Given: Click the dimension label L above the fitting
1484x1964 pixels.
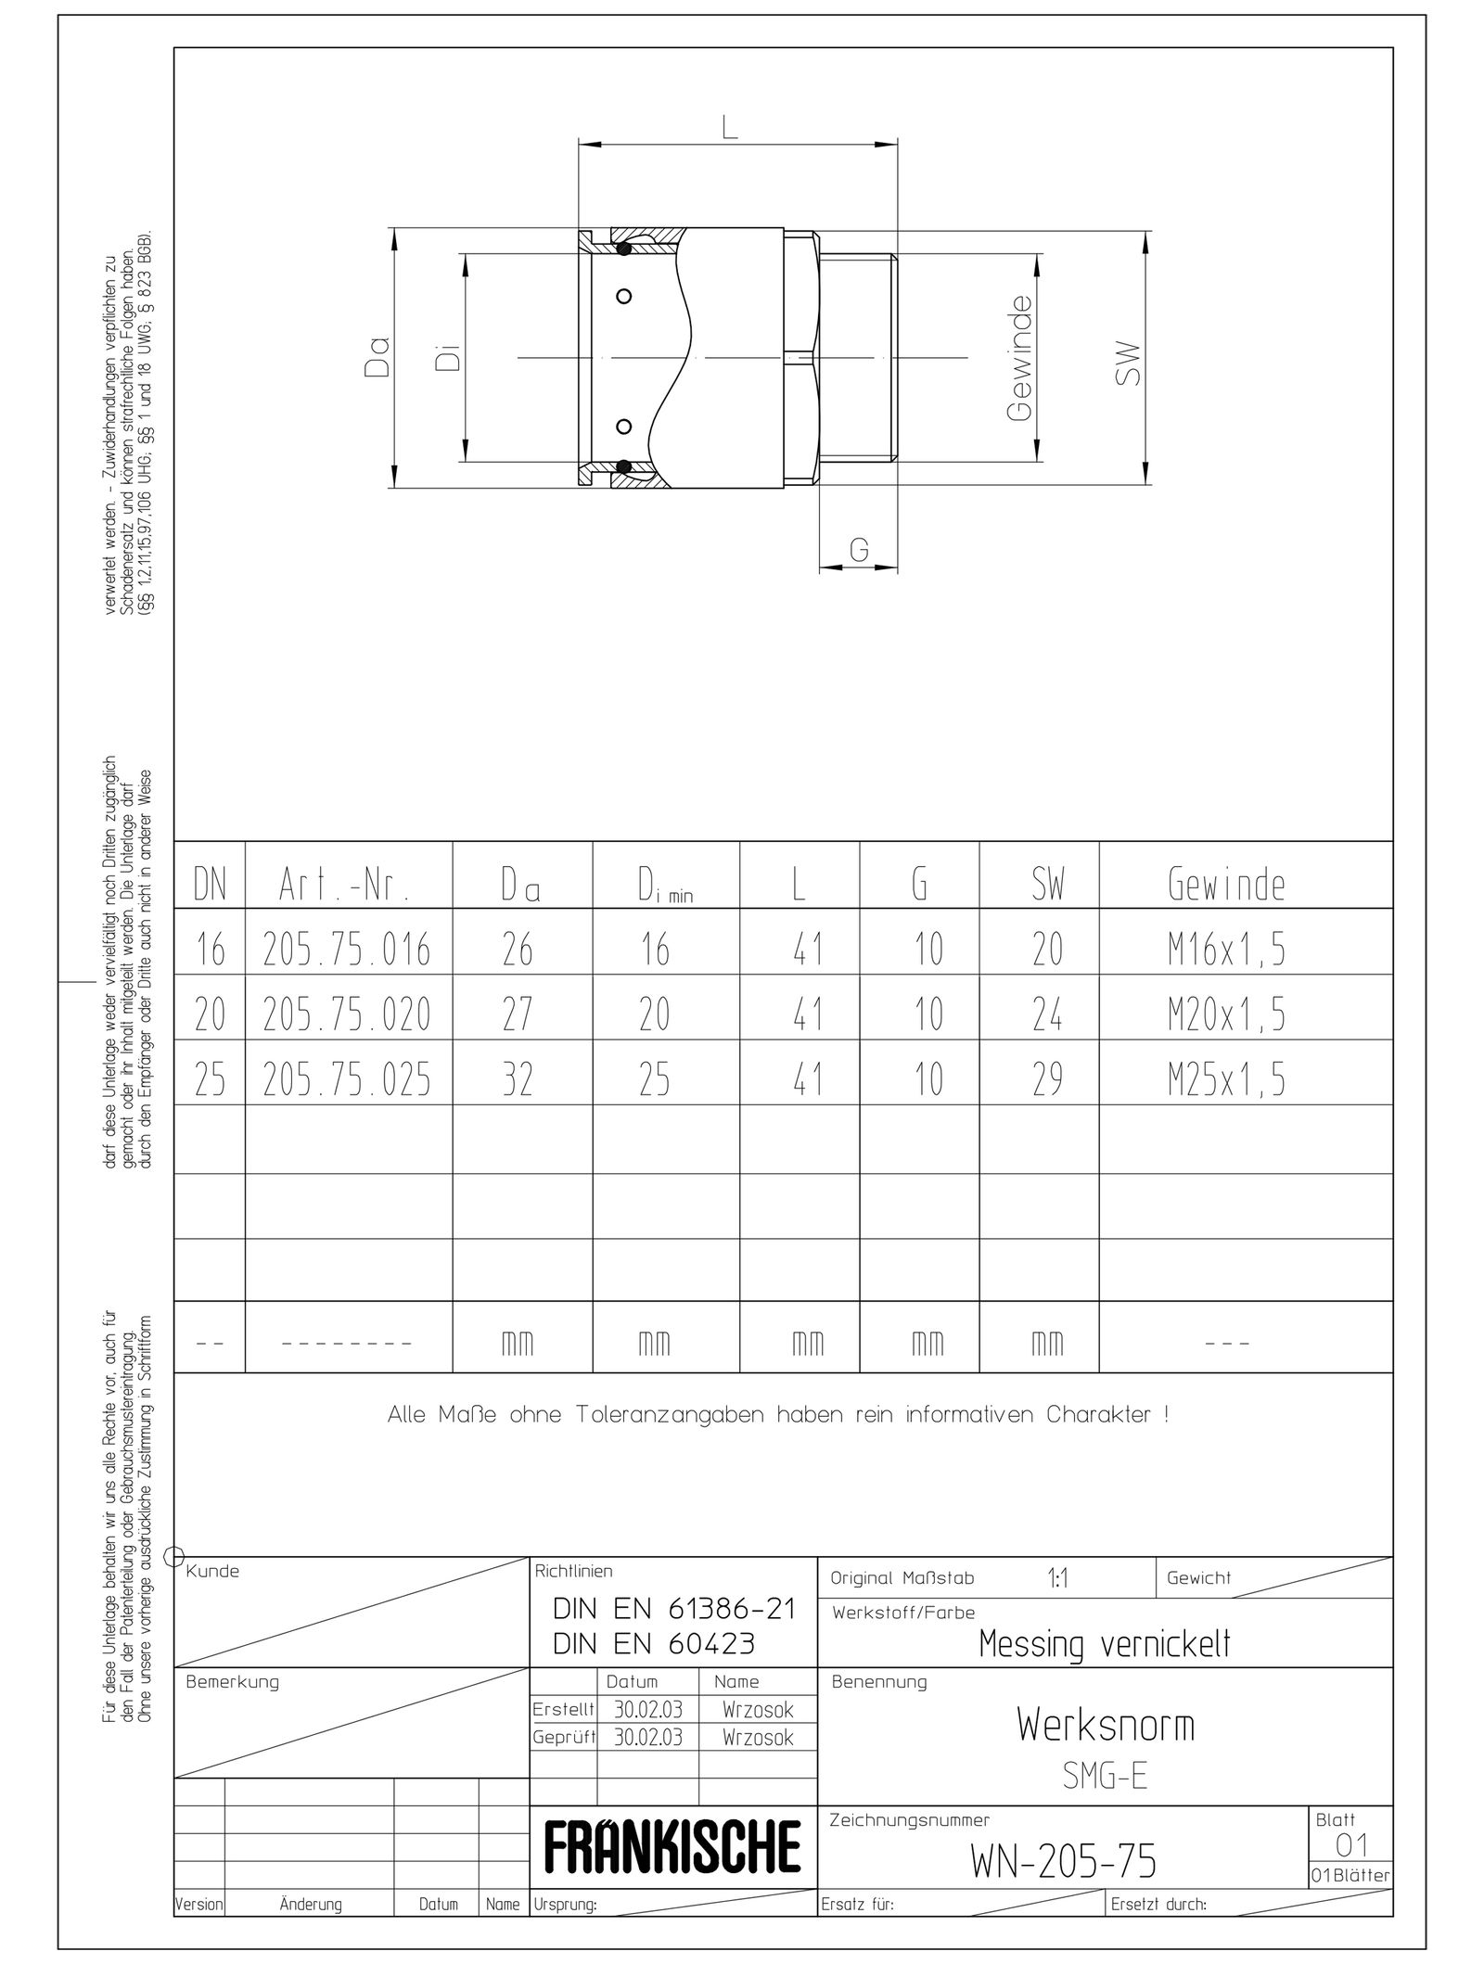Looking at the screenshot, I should click(x=731, y=129).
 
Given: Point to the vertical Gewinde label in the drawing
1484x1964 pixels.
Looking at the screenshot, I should click(x=1019, y=358).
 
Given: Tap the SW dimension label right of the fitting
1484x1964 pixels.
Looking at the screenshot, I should click(x=1128, y=364).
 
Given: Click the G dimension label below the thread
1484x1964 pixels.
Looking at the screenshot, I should click(x=859, y=551).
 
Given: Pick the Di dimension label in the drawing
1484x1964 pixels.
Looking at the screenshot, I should click(x=449, y=358).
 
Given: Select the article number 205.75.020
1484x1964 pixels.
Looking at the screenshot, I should click(x=347, y=1014).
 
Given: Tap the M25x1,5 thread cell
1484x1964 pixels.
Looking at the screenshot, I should click(x=1226, y=1079).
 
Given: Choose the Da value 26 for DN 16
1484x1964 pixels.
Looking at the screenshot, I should click(x=518, y=950).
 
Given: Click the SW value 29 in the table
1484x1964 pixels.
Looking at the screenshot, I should click(x=1047, y=1079).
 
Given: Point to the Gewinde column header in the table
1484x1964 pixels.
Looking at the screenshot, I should click(x=1226, y=886).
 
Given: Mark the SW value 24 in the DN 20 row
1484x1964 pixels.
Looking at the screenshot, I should click(x=1047, y=1014).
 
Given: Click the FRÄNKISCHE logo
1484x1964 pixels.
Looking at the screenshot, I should click(x=672, y=1847).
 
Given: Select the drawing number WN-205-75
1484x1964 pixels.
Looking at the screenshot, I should click(x=1064, y=1861).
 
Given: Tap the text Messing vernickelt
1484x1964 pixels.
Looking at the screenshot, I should click(x=1104, y=1644).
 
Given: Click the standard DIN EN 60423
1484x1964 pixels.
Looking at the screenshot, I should click(x=654, y=1644).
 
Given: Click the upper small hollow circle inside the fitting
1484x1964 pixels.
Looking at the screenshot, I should click(x=624, y=296).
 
